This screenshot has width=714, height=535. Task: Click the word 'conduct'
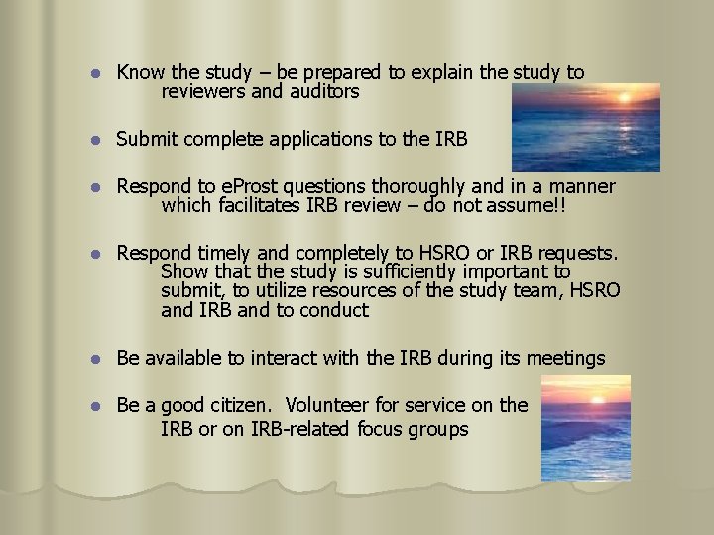tap(334, 310)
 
